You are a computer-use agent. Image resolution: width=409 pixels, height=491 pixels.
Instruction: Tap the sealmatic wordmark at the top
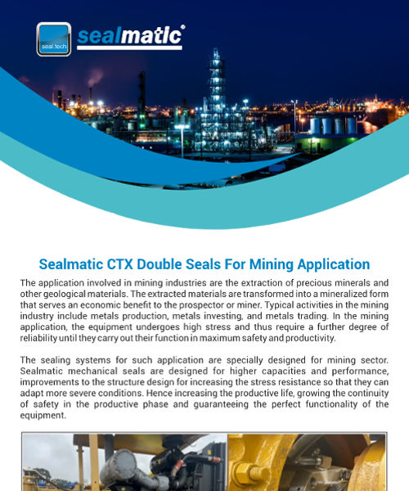click(x=131, y=34)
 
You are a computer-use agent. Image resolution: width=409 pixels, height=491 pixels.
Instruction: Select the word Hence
click(x=148, y=392)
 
